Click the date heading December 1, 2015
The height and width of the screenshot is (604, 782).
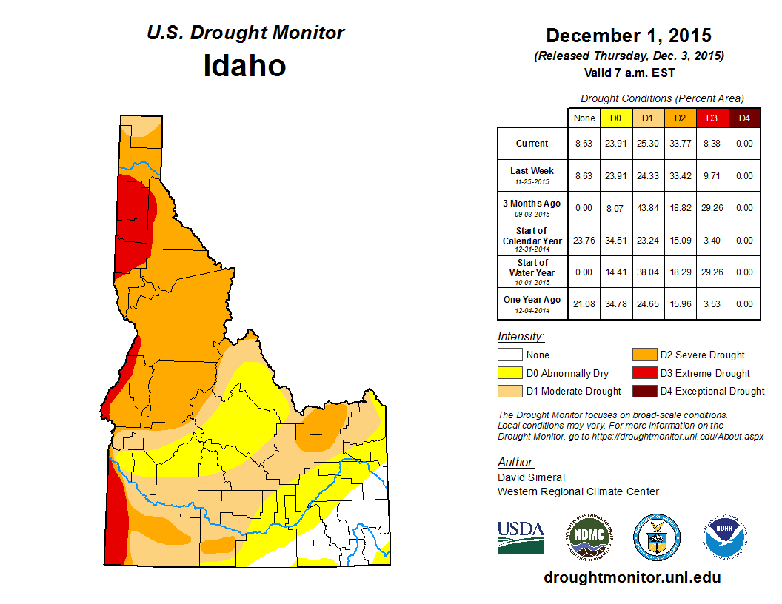coord(628,36)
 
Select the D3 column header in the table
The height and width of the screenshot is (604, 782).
coord(712,118)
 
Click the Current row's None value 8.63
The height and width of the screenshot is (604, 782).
coord(584,144)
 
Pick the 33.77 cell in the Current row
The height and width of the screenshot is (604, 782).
coord(680,144)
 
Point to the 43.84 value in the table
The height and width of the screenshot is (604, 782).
coord(648,208)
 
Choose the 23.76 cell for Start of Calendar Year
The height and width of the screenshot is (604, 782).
coord(584,240)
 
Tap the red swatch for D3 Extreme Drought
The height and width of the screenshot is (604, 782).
coord(644,373)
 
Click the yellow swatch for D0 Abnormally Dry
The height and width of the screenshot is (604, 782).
coord(510,373)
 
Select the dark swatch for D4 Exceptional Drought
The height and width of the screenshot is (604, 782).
coord(644,391)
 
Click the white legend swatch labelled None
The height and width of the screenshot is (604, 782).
coord(510,355)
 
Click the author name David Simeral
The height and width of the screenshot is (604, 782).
coord(531,477)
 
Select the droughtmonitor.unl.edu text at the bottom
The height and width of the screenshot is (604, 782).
coord(632,577)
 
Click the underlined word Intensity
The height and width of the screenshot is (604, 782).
coord(521,337)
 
